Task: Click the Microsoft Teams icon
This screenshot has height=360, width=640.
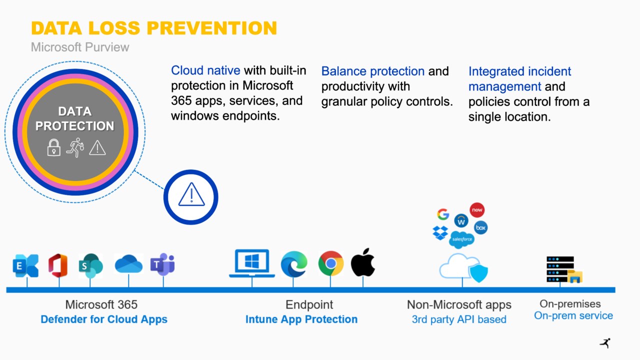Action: (x=162, y=264)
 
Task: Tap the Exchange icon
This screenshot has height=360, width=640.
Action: (x=25, y=265)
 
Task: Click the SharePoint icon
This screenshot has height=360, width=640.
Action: (x=91, y=265)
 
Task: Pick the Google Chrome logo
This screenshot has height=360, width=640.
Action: (x=331, y=263)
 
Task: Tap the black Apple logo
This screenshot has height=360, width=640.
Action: (x=363, y=262)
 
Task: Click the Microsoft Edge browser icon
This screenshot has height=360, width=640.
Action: (x=294, y=264)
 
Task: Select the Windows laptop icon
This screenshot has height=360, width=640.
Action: (x=252, y=263)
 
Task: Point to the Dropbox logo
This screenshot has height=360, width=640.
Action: (x=440, y=232)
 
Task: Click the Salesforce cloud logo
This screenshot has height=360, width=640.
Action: (x=461, y=239)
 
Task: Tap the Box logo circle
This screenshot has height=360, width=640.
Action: (x=481, y=227)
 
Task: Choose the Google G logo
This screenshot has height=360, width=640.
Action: (x=443, y=214)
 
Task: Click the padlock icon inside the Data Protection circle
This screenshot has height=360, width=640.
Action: (x=53, y=147)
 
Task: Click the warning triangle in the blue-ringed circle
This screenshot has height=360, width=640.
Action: (x=191, y=194)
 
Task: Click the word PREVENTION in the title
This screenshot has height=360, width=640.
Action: (x=211, y=28)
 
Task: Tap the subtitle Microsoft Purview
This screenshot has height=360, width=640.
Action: (x=79, y=47)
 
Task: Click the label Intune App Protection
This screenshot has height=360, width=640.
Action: (x=301, y=319)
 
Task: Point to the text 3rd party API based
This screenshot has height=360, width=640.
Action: (x=459, y=319)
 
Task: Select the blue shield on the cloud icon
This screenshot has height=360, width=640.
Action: (x=479, y=273)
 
